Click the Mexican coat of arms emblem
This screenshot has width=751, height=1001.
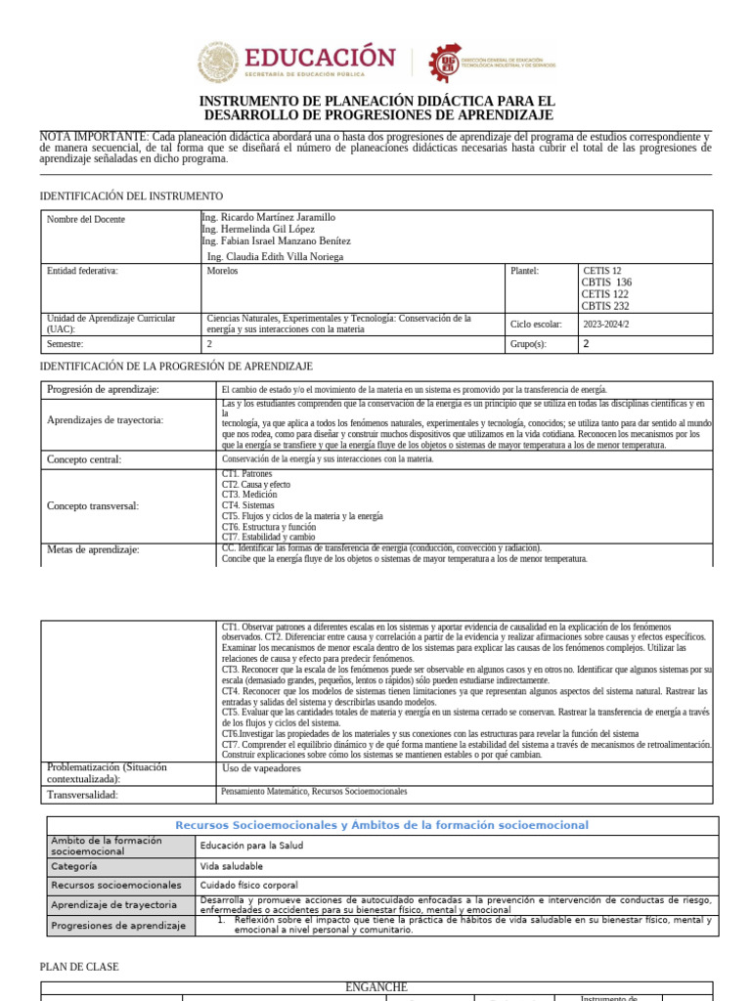tap(223, 64)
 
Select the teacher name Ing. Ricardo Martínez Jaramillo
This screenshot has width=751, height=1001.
tap(268, 217)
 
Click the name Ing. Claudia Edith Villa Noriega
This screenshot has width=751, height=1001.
tap(276, 257)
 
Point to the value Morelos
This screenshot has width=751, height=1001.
tap(223, 271)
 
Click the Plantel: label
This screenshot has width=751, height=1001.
tap(524, 271)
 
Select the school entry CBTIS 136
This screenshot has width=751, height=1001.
tap(606, 283)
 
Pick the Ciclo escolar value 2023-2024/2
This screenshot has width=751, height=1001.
tap(606, 324)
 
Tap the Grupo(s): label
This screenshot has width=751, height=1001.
tap(528, 344)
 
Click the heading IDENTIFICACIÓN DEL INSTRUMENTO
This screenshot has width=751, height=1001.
tap(131, 196)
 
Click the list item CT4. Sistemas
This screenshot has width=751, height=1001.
tap(249, 505)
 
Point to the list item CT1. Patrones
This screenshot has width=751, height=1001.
tap(247, 474)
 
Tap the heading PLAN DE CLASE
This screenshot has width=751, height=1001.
tap(79, 967)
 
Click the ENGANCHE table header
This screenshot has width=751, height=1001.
tap(376, 987)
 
